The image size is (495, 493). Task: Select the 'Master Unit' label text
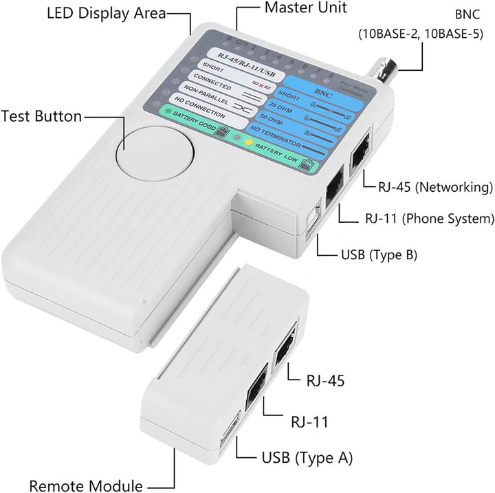pyautogui.click(x=305, y=8)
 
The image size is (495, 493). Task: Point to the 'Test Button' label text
pyautogui.click(x=42, y=116)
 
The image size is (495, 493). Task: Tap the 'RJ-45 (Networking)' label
pyautogui.click(x=435, y=186)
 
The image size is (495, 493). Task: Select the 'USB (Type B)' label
pyautogui.click(x=378, y=254)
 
